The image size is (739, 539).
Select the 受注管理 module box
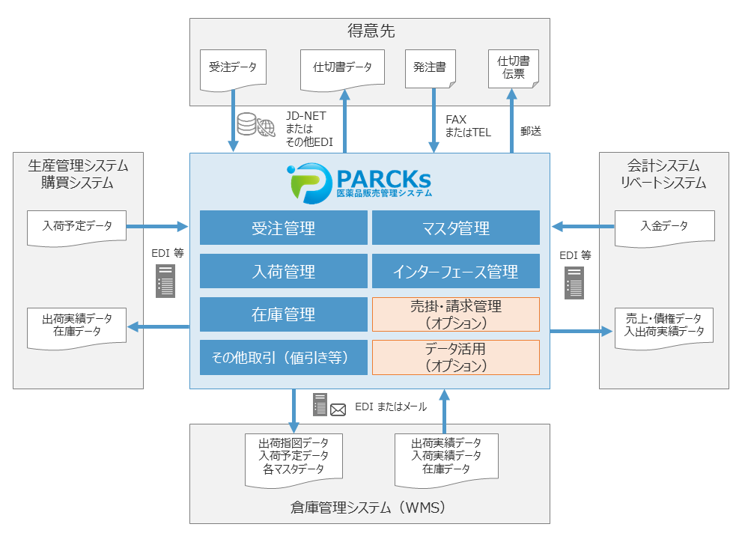click(284, 228)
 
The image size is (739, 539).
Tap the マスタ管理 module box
click(455, 228)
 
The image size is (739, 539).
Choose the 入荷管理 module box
click(284, 271)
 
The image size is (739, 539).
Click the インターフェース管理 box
click(455, 271)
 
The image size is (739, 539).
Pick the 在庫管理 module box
click(284, 314)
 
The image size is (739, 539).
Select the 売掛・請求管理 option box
click(455, 314)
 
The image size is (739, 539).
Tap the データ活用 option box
click(455, 357)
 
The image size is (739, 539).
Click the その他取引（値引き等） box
click(284, 358)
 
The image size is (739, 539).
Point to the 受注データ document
click(233, 69)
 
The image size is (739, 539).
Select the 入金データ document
click(664, 227)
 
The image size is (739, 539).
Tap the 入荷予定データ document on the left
click(76, 227)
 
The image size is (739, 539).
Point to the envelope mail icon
click(338, 409)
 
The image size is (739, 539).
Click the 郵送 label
click(531, 131)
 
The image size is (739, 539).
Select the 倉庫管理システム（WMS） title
click(369, 508)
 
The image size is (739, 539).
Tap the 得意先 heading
click(371, 31)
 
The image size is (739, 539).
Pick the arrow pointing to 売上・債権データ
click(581, 331)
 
